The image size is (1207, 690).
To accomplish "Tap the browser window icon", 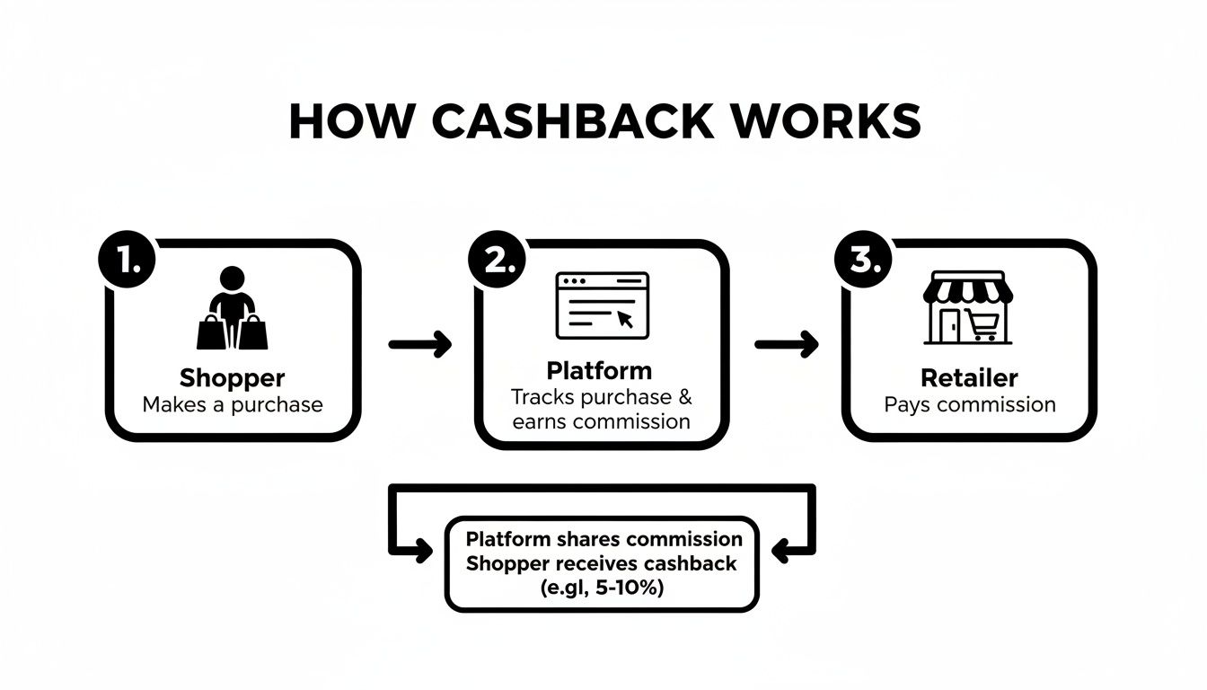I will (x=602, y=305).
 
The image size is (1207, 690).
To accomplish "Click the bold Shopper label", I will (x=232, y=377).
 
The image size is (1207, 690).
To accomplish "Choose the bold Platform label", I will (x=599, y=370).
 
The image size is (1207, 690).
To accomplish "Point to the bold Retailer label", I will (x=969, y=377).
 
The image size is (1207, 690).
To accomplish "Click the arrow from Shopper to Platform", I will (x=419, y=343).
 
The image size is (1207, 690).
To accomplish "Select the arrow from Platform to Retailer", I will (x=787, y=343).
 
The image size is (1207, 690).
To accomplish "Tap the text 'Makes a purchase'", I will (x=232, y=404).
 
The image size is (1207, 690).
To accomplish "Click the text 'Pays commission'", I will (x=969, y=404).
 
